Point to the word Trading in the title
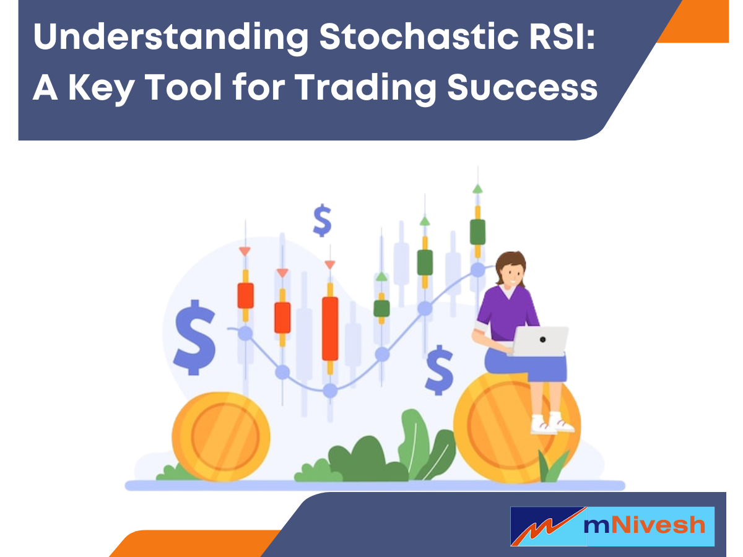pos(365,87)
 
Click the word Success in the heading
pos(522,87)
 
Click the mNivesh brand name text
pos(644,526)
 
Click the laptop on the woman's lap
pos(541,341)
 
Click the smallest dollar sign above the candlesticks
pos(322,221)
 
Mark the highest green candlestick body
pos(477,231)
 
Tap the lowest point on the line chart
pos(330,391)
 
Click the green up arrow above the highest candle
pos(477,189)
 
